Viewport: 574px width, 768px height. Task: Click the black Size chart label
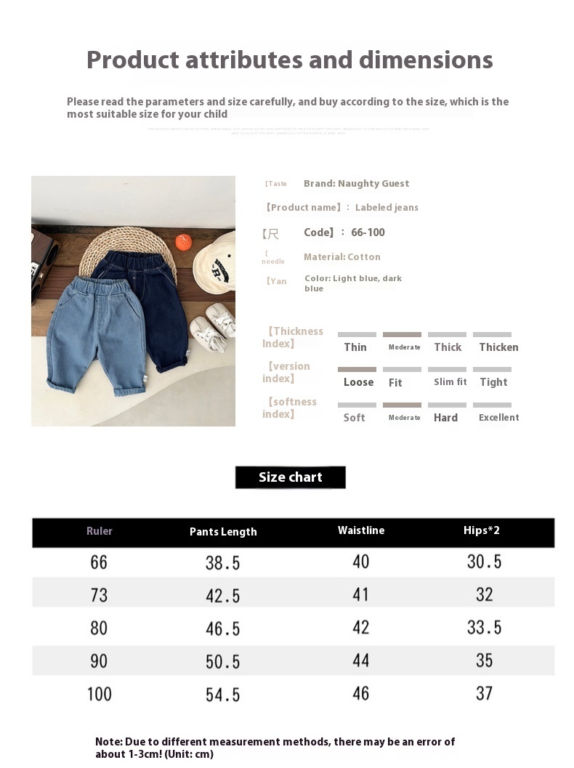[290, 477]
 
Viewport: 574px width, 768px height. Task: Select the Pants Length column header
[223, 532]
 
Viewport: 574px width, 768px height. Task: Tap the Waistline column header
[361, 530]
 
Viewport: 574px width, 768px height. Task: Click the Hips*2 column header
[482, 530]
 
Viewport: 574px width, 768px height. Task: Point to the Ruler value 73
[99, 595]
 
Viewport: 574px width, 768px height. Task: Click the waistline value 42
[361, 628]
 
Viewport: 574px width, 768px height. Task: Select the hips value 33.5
[484, 628]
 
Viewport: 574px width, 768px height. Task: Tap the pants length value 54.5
[222, 695]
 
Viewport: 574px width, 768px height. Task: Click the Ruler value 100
[100, 694]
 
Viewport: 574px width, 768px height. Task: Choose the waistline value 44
[361, 660]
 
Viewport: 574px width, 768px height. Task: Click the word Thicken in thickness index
[498, 347]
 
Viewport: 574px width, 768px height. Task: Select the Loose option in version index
[358, 382]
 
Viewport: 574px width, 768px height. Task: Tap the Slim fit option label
[450, 382]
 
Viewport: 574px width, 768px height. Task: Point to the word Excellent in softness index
[498, 418]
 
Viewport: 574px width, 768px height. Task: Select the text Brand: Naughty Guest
[356, 184]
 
